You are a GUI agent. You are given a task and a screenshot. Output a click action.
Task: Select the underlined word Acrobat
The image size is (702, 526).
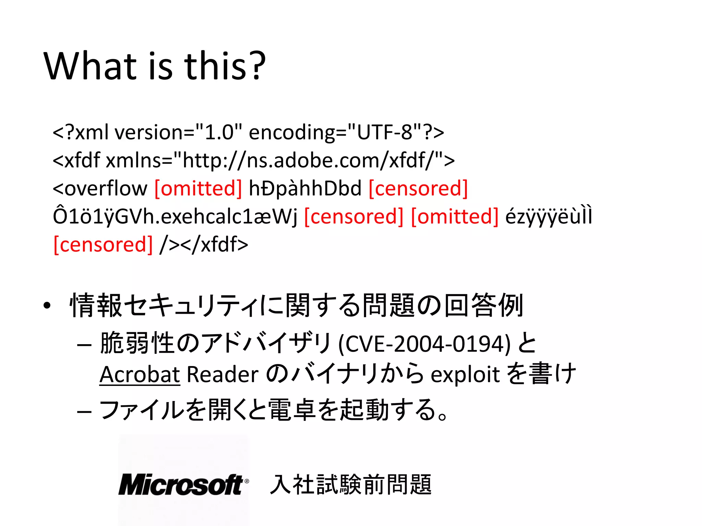tap(140, 374)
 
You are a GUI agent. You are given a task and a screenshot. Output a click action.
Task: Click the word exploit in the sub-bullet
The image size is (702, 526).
tap(465, 374)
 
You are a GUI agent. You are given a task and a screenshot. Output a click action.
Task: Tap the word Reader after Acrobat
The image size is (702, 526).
tap(222, 374)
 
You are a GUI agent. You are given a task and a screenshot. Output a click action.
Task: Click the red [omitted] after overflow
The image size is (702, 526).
tap(198, 188)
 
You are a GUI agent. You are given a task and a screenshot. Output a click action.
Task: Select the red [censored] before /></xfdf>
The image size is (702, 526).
tap(103, 245)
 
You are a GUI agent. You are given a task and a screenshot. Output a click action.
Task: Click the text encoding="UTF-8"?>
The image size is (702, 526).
tap(346, 133)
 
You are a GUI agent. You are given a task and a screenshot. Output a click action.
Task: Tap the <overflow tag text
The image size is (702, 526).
tap(100, 188)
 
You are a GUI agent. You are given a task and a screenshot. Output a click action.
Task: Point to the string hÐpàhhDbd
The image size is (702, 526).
tap(305, 188)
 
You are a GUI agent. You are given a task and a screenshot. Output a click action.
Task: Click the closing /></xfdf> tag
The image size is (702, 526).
tap(204, 245)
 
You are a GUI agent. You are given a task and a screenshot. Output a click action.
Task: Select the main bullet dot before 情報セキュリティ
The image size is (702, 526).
tap(47, 305)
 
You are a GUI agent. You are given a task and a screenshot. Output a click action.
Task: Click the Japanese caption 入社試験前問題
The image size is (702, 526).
tap(350, 485)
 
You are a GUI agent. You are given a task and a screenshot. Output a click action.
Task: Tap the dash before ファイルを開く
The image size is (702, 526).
tap(84, 411)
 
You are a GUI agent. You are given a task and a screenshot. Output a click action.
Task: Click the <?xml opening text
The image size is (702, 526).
tap(81, 133)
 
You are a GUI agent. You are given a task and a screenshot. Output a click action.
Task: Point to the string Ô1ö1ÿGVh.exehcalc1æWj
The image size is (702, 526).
tap(175, 216)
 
